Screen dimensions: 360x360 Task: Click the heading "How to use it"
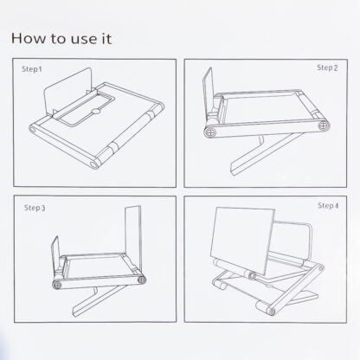61,38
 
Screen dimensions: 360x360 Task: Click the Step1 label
32,69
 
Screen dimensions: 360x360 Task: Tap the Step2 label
327,67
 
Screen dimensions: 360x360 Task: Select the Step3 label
35,208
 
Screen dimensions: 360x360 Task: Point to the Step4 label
328,206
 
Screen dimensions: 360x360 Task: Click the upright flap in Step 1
68,91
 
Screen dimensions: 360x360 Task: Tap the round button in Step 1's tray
96,112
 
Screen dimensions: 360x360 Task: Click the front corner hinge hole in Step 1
93,164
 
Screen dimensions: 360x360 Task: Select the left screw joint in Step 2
209,132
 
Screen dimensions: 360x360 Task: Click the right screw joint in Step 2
324,125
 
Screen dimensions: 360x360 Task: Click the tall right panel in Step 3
133,239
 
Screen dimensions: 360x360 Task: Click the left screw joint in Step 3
57,285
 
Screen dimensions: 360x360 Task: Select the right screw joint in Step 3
141,280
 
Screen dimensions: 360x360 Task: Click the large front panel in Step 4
242,241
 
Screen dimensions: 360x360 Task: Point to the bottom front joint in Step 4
270,312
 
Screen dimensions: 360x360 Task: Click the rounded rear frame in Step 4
311,242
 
